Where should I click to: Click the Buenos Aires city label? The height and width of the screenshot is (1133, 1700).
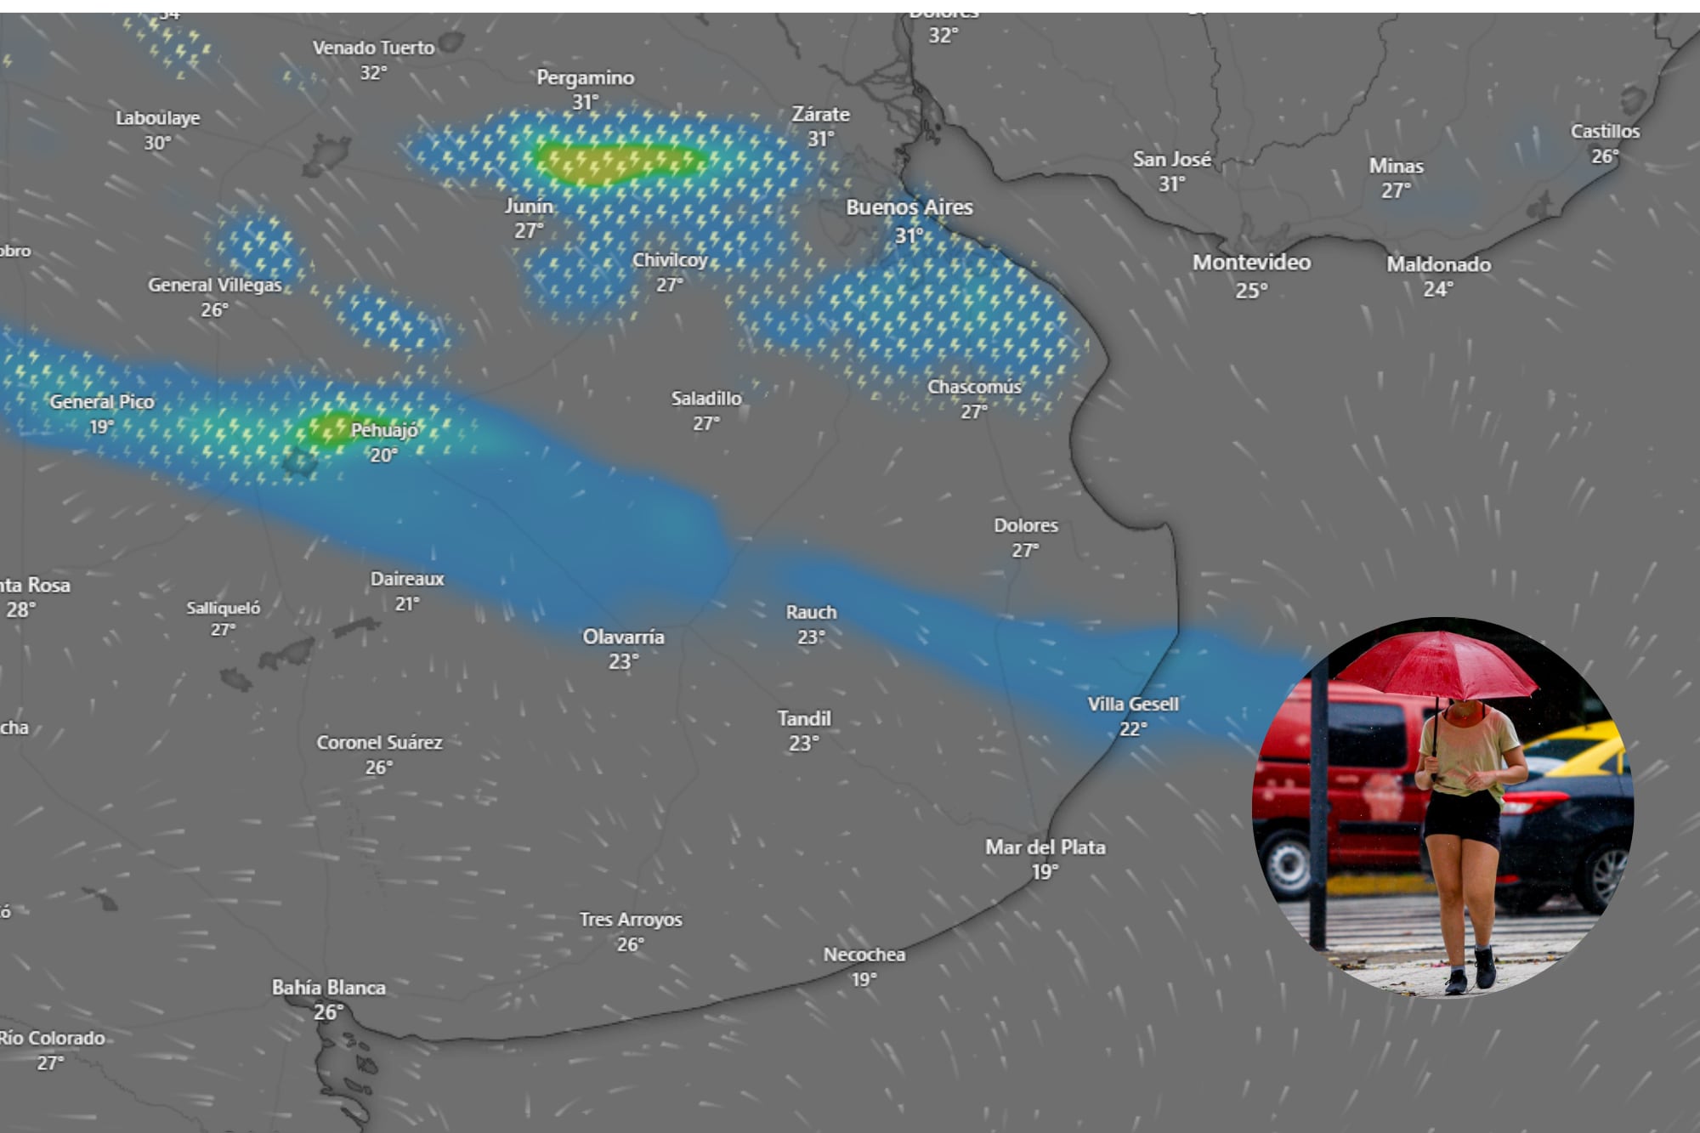pos(909,207)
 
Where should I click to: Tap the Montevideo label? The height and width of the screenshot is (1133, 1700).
pos(1251,263)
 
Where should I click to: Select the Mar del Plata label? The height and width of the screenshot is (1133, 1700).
pos(1045,847)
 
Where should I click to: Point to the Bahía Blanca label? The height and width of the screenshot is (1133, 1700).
pos(328,988)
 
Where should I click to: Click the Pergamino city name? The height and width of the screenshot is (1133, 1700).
pos(585,78)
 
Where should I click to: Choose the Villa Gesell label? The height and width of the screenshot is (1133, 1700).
pos(1132,704)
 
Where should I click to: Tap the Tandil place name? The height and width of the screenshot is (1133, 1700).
pos(804,719)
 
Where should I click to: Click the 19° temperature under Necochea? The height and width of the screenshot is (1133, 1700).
pos(864,979)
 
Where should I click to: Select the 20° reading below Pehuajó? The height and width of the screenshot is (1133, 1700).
pos(383,456)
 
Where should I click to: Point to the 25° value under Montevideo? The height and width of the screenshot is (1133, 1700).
pos(1251,291)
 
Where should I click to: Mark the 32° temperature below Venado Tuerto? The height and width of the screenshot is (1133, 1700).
pos(373,73)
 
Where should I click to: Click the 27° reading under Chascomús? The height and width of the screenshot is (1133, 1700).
pos(973,412)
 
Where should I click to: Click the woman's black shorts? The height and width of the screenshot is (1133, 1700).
pos(1462,816)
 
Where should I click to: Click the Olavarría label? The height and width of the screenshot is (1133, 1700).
pos(623,637)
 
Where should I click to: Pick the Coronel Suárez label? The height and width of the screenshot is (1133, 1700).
pos(379,743)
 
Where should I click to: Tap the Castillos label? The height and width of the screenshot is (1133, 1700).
pos(1605,132)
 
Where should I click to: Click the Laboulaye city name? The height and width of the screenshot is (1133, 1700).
pos(158,118)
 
